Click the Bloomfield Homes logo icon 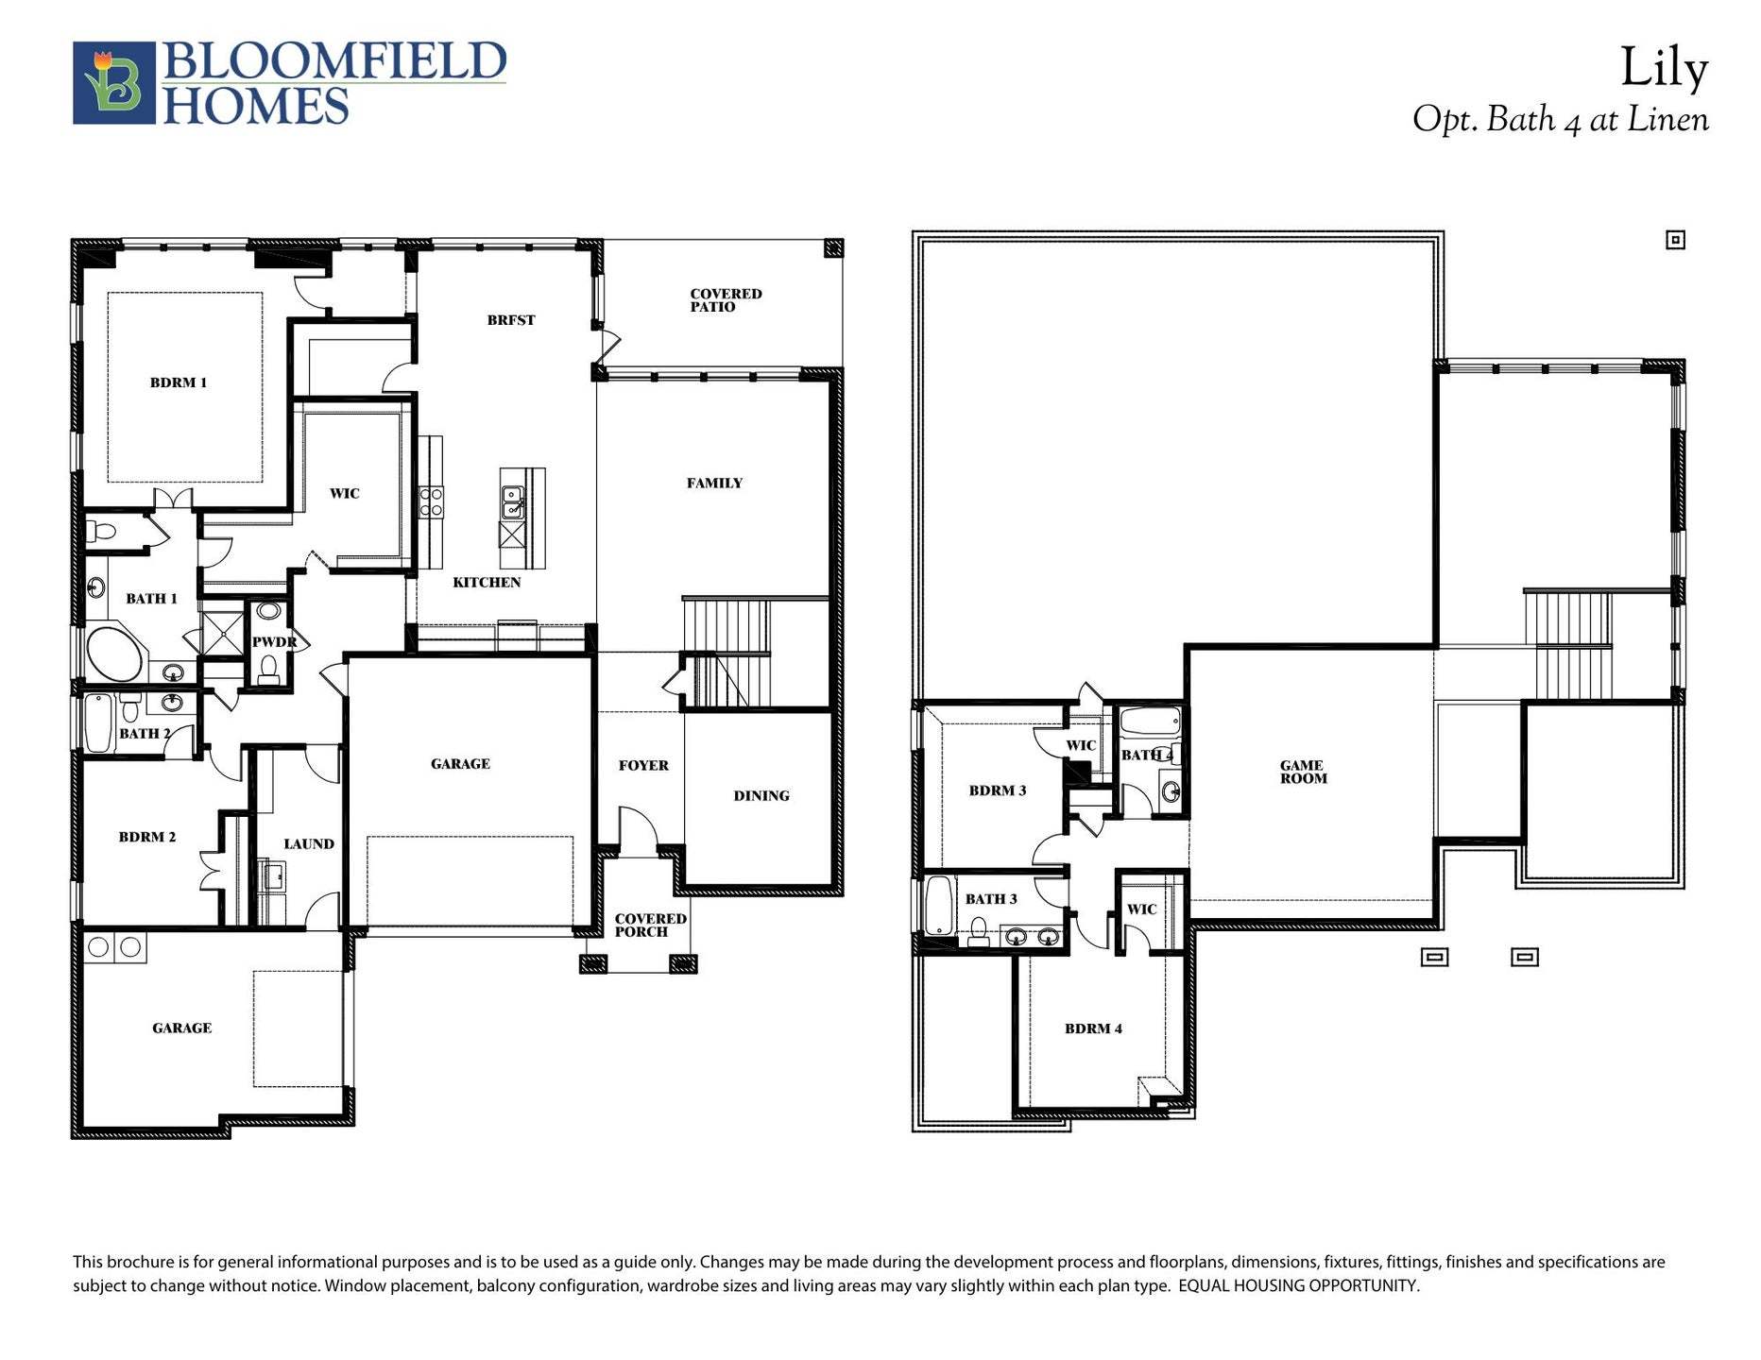(x=113, y=83)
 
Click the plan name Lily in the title (x=1664, y=69)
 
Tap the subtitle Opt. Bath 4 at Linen (x=1560, y=120)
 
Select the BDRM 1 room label (x=178, y=382)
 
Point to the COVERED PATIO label (x=725, y=300)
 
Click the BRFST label (x=511, y=320)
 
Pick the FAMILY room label (x=714, y=483)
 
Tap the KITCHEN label (x=487, y=582)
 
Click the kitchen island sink (x=513, y=501)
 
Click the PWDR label (x=274, y=642)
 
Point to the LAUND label (x=309, y=843)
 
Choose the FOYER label (x=643, y=765)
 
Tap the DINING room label (x=761, y=795)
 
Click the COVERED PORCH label (x=650, y=925)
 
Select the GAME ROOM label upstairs (x=1303, y=772)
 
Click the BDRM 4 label (x=1093, y=1028)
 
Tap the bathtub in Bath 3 (x=938, y=905)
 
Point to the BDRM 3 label (x=997, y=790)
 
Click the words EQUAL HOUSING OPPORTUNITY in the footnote (x=1298, y=1285)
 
